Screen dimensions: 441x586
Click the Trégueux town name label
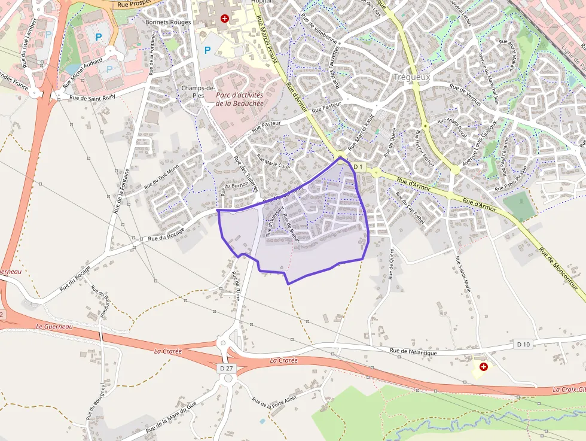pyautogui.click(x=412, y=77)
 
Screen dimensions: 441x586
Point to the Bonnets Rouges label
pyautogui.click(x=168, y=22)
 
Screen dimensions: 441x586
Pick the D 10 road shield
pyautogui.click(x=523, y=343)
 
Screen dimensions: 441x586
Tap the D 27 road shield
pyautogui.click(x=226, y=368)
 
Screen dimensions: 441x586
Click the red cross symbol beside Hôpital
pyautogui.click(x=225, y=19)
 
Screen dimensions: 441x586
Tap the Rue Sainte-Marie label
pyautogui.click(x=465, y=276)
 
